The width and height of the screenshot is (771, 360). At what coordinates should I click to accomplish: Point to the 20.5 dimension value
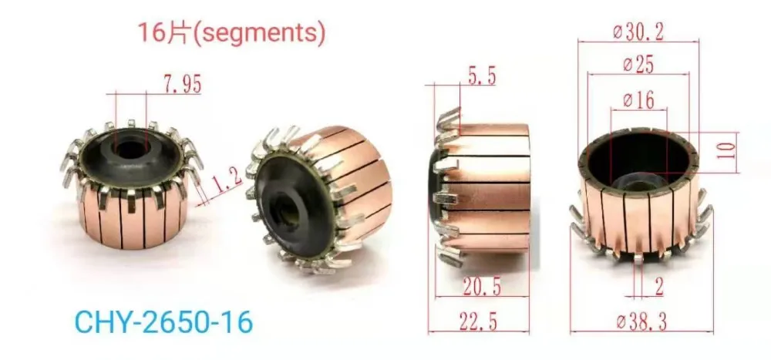[x=482, y=287]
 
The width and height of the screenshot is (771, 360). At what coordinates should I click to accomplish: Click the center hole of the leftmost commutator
[x=128, y=147]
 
